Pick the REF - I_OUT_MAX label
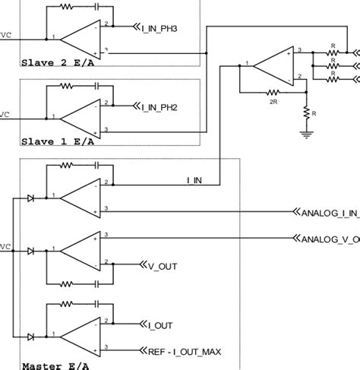pyautogui.click(x=178, y=351)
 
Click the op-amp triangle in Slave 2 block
pyautogui.click(x=82, y=38)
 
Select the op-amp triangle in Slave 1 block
pyautogui.click(x=82, y=118)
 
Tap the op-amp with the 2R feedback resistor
pyautogui.click(x=273, y=66)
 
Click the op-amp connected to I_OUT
pyautogui.click(x=82, y=337)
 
